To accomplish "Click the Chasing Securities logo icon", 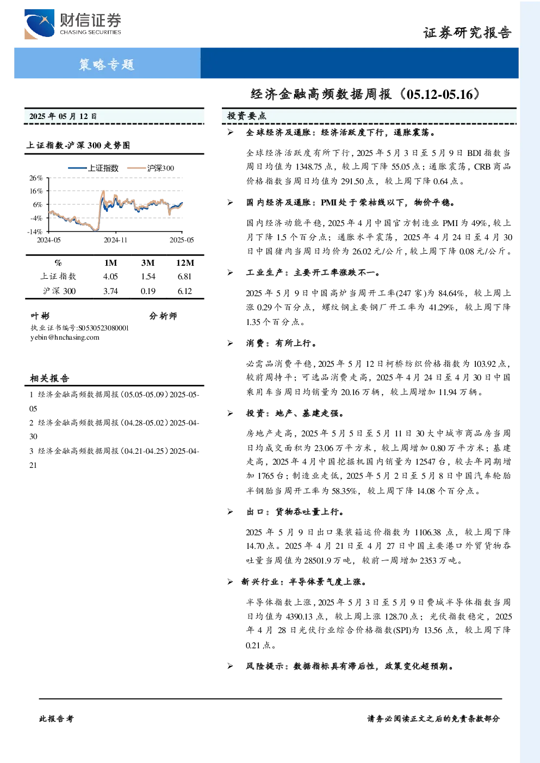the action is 39,24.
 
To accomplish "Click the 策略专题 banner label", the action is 107,64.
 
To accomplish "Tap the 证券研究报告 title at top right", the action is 467,33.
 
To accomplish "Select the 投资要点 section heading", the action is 246,116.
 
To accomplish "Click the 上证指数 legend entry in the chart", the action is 94,168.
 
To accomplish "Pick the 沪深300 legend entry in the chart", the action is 151,168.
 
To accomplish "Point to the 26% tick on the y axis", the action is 36,178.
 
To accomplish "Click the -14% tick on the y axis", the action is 35,232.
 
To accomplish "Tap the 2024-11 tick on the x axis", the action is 115,240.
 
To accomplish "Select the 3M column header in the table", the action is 148,263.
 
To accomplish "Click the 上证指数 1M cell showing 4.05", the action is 110,277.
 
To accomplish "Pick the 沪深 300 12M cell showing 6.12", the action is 184,291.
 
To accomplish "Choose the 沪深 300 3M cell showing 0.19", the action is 148,291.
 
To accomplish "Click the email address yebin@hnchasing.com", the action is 65,337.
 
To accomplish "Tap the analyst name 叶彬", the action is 40,316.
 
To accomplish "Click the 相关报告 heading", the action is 49,378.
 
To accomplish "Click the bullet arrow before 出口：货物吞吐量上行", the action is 231,511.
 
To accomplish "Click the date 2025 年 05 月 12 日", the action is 63,116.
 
